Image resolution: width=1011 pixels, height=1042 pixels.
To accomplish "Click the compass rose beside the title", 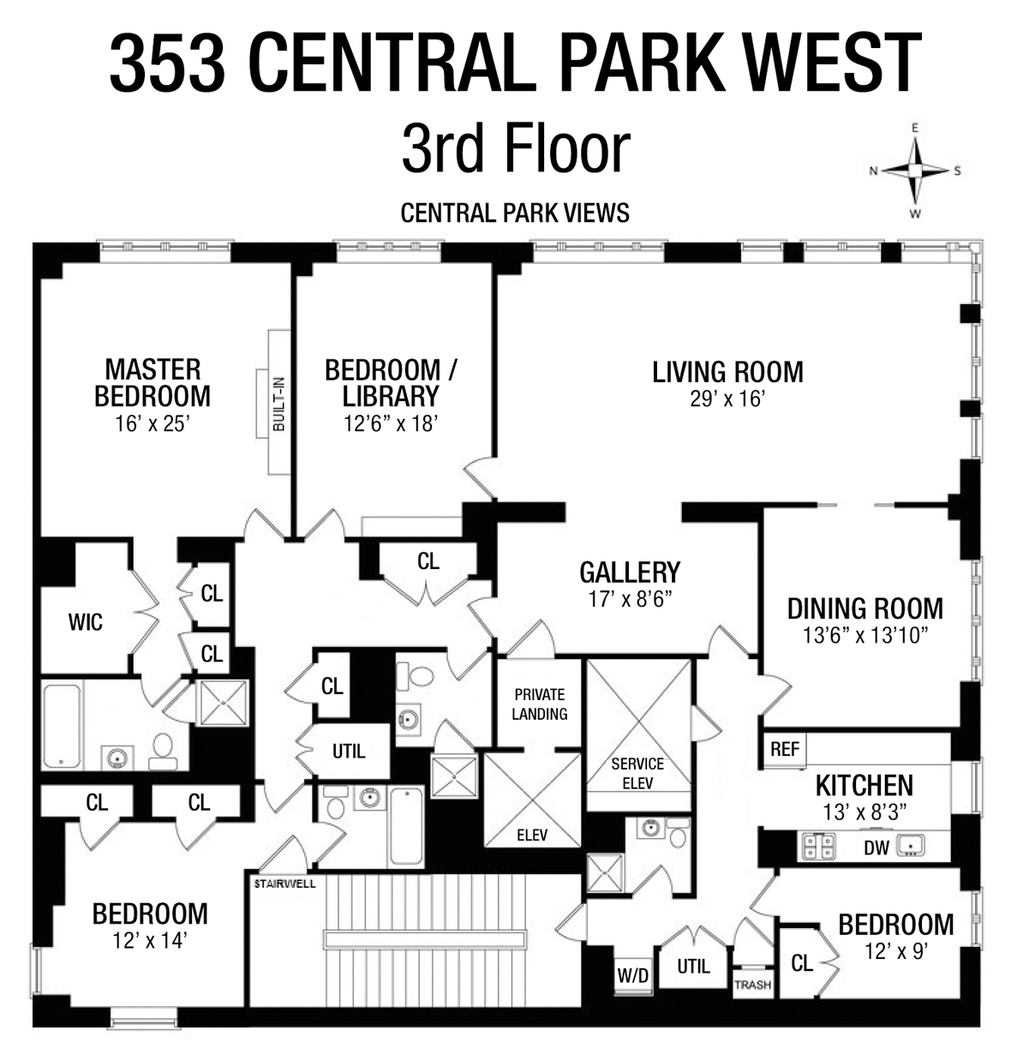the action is click(x=915, y=171).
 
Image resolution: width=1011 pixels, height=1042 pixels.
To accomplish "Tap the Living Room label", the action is click(x=727, y=372).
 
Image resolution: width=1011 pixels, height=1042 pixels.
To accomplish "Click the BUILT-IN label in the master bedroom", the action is click(x=278, y=404).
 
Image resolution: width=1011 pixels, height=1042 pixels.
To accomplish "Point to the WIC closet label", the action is click(x=85, y=622).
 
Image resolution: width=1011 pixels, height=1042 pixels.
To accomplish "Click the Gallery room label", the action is click(x=630, y=572).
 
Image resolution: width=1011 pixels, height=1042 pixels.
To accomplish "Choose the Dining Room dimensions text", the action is click(x=865, y=635).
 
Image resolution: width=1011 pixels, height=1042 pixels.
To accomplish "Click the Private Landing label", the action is click(x=540, y=704).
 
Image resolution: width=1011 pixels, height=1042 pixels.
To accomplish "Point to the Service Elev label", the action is click(x=637, y=773).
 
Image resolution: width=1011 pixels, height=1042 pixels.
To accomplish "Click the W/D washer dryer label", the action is click(x=633, y=975).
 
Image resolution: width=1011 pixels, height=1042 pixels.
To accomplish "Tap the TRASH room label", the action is click(x=751, y=985).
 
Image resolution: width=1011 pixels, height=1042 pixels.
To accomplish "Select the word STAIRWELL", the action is click(x=285, y=881).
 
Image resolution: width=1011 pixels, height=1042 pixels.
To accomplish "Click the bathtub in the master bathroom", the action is click(x=62, y=725).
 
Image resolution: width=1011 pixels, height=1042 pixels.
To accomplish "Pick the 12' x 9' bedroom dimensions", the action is click(x=894, y=950).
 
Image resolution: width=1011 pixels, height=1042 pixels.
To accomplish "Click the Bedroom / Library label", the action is click(x=391, y=383).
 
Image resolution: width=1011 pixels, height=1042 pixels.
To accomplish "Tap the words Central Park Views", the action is click(x=515, y=212).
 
